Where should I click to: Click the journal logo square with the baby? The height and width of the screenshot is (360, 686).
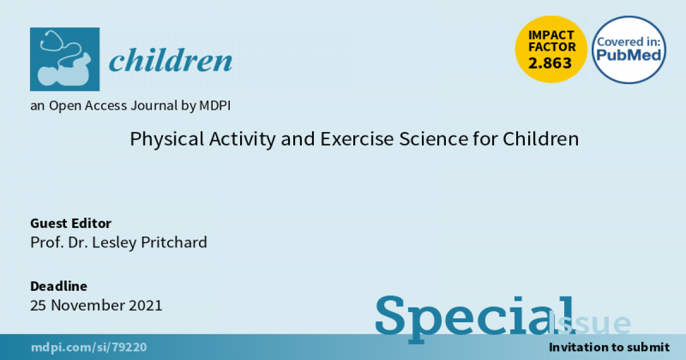point(65,59)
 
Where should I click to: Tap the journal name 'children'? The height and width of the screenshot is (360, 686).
point(170,60)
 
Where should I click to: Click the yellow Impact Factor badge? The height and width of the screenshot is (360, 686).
point(551,49)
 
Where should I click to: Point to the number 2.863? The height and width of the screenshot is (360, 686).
point(550,63)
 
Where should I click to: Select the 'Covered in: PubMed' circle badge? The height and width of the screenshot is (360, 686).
point(629,50)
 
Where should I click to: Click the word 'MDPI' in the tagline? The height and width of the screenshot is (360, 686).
point(215,106)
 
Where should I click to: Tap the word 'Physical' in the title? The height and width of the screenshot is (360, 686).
point(167,139)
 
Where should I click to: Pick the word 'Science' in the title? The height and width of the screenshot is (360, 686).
point(434,139)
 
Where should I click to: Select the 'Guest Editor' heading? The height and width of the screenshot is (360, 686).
point(71,223)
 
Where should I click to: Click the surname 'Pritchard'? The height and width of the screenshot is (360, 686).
point(174,242)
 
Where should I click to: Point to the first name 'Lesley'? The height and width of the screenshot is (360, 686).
point(114,243)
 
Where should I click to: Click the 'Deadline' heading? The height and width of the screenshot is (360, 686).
point(58,286)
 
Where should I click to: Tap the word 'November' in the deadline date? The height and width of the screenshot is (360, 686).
point(87,305)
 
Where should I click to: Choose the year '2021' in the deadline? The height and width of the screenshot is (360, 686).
point(145,305)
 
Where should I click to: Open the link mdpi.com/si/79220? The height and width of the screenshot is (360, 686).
point(89,347)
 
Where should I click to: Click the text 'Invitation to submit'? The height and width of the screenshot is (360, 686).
point(609,347)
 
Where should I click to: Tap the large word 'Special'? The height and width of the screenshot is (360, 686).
point(474,318)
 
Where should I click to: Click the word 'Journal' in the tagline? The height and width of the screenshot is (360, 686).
point(154,106)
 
